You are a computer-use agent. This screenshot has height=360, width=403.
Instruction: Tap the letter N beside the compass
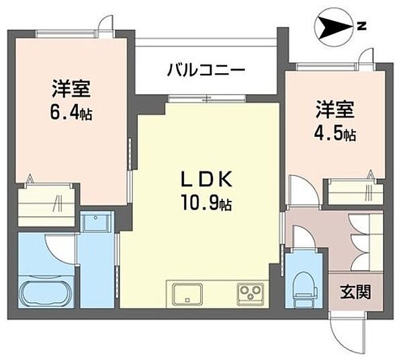pyautogui.click(x=361, y=27)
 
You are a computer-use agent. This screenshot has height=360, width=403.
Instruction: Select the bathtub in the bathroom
pyautogui.click(x=45, y=294)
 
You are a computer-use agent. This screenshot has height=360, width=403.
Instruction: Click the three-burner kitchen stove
pyautogui.click(x=250, y=294)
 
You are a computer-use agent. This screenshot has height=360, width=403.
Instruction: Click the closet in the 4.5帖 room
pyautogui.click(x=355, y=192)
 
